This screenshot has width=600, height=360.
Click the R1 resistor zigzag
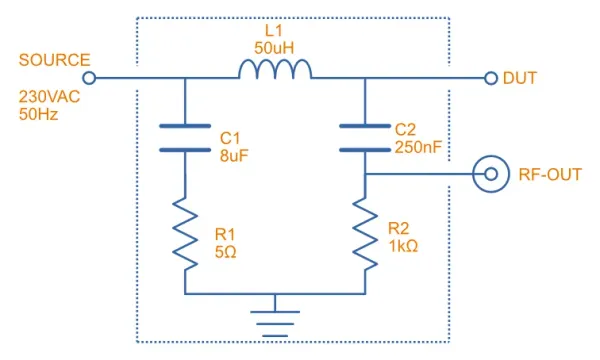(185, 234)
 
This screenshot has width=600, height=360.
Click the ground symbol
(275, 324)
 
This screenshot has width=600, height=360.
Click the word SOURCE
(54, 60)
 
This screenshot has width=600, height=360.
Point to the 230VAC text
(49, 97)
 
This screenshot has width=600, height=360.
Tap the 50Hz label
(38, 114)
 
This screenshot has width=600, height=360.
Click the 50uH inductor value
(274, 48)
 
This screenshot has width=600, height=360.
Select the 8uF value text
(234, 156)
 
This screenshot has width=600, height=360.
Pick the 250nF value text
(418, 147)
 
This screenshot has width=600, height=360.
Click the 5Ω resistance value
(225, 252)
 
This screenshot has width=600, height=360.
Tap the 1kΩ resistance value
(403, 246)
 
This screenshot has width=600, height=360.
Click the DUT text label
(520, 78)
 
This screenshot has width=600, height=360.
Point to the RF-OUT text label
(550, 174)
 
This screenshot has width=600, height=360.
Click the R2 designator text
(398, 228)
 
